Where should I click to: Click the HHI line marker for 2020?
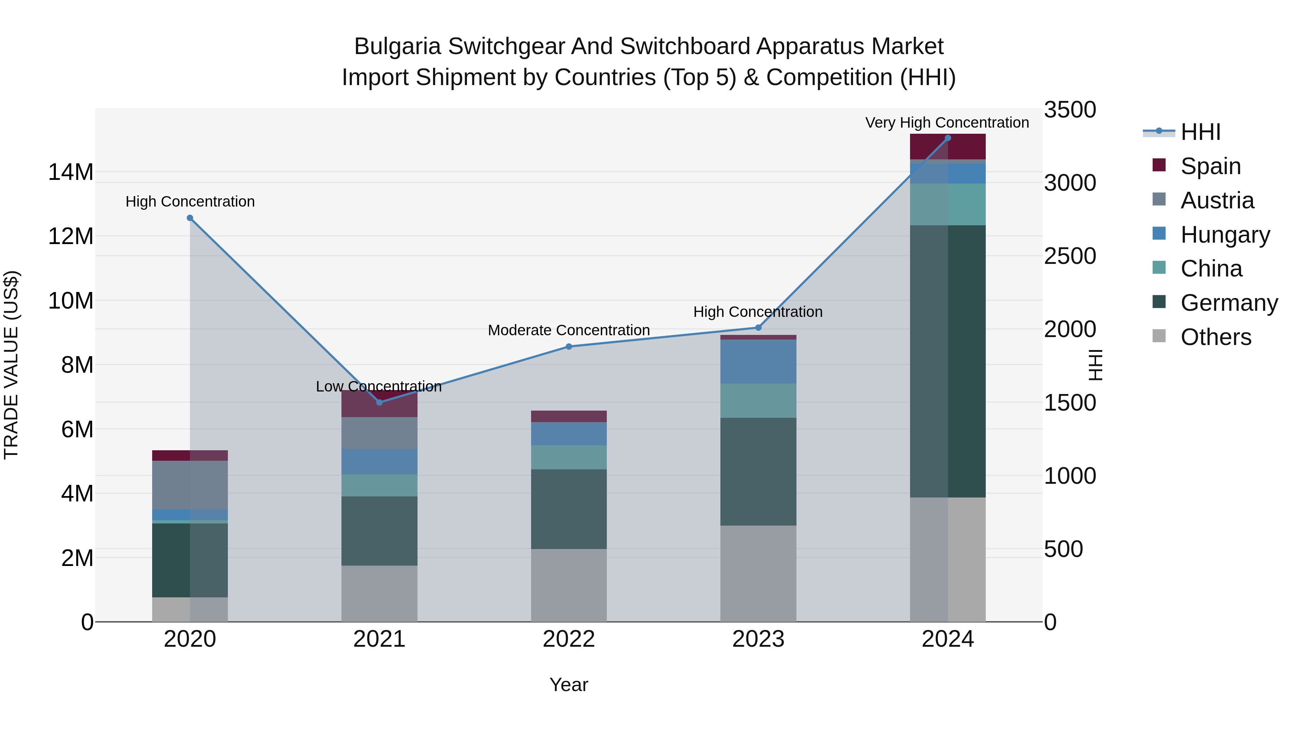[190, 218]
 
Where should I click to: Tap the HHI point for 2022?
[569, 346]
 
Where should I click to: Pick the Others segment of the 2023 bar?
[758, 573]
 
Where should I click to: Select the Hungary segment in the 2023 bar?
[758, 362]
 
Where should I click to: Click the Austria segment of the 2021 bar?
[379, 433]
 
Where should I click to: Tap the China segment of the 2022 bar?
[569, 457]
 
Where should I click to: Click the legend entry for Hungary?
[1225, 235]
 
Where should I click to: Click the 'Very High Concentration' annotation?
[947, 123]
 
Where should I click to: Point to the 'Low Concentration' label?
[379, 387]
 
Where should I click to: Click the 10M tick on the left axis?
[71, 301]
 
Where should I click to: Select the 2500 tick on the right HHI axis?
[1070, 256]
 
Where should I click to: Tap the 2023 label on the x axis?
[758, 639]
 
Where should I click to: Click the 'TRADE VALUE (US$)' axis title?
[12, 365]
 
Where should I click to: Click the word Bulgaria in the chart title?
[398, 47]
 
